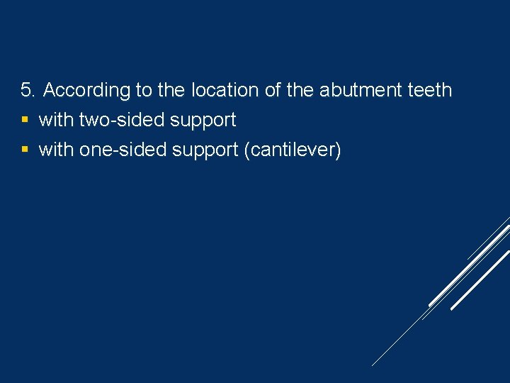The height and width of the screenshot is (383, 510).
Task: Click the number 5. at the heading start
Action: (28, 90)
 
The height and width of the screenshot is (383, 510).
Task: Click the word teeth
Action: (430, 90)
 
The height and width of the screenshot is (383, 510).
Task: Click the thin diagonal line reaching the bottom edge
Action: (397, 340)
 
